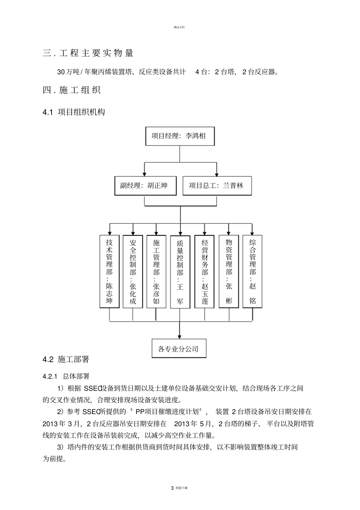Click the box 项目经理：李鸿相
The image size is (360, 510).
pyautogui.click(x=180, y=136)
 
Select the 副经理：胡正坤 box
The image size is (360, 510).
pyautogui.click(x=146, y=186)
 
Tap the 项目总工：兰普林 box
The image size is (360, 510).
pyautogui.click(x=217, y=186)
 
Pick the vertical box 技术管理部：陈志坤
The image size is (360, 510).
pyautogui.click(x=109, y=271)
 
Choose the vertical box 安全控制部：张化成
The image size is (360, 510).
pyautogui.click(x=133, y=271)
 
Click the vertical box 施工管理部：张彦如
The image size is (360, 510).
pyautogui.click(x=156, y=271)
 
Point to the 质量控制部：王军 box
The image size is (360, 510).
pyautogui.click(x=180, y=272)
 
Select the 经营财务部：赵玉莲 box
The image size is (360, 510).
pyautogui.click(x=205, y=271)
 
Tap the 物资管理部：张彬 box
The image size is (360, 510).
pyautogui.click(x=229, y=271)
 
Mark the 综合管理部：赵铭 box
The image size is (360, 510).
pyautogui.click(x=252, y=271)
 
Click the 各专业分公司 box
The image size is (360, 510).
pyautogui.click(x=179, y=348)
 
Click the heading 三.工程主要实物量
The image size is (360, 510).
pyautogui.click(x=88, y=53)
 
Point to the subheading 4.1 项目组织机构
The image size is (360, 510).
pyautogui.click(x=74, y=112)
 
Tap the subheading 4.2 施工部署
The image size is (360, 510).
pyautogui.click(x=66, y=359)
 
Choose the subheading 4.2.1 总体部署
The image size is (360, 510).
pyautogui.click(x=66, y=377)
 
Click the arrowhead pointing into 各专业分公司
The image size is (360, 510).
pyautogui.click(x=180, y=336)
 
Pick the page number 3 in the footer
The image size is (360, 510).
pyautogui.click(x=172, y=488)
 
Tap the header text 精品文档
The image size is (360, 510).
pyautogui.click(x=179, y=27)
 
